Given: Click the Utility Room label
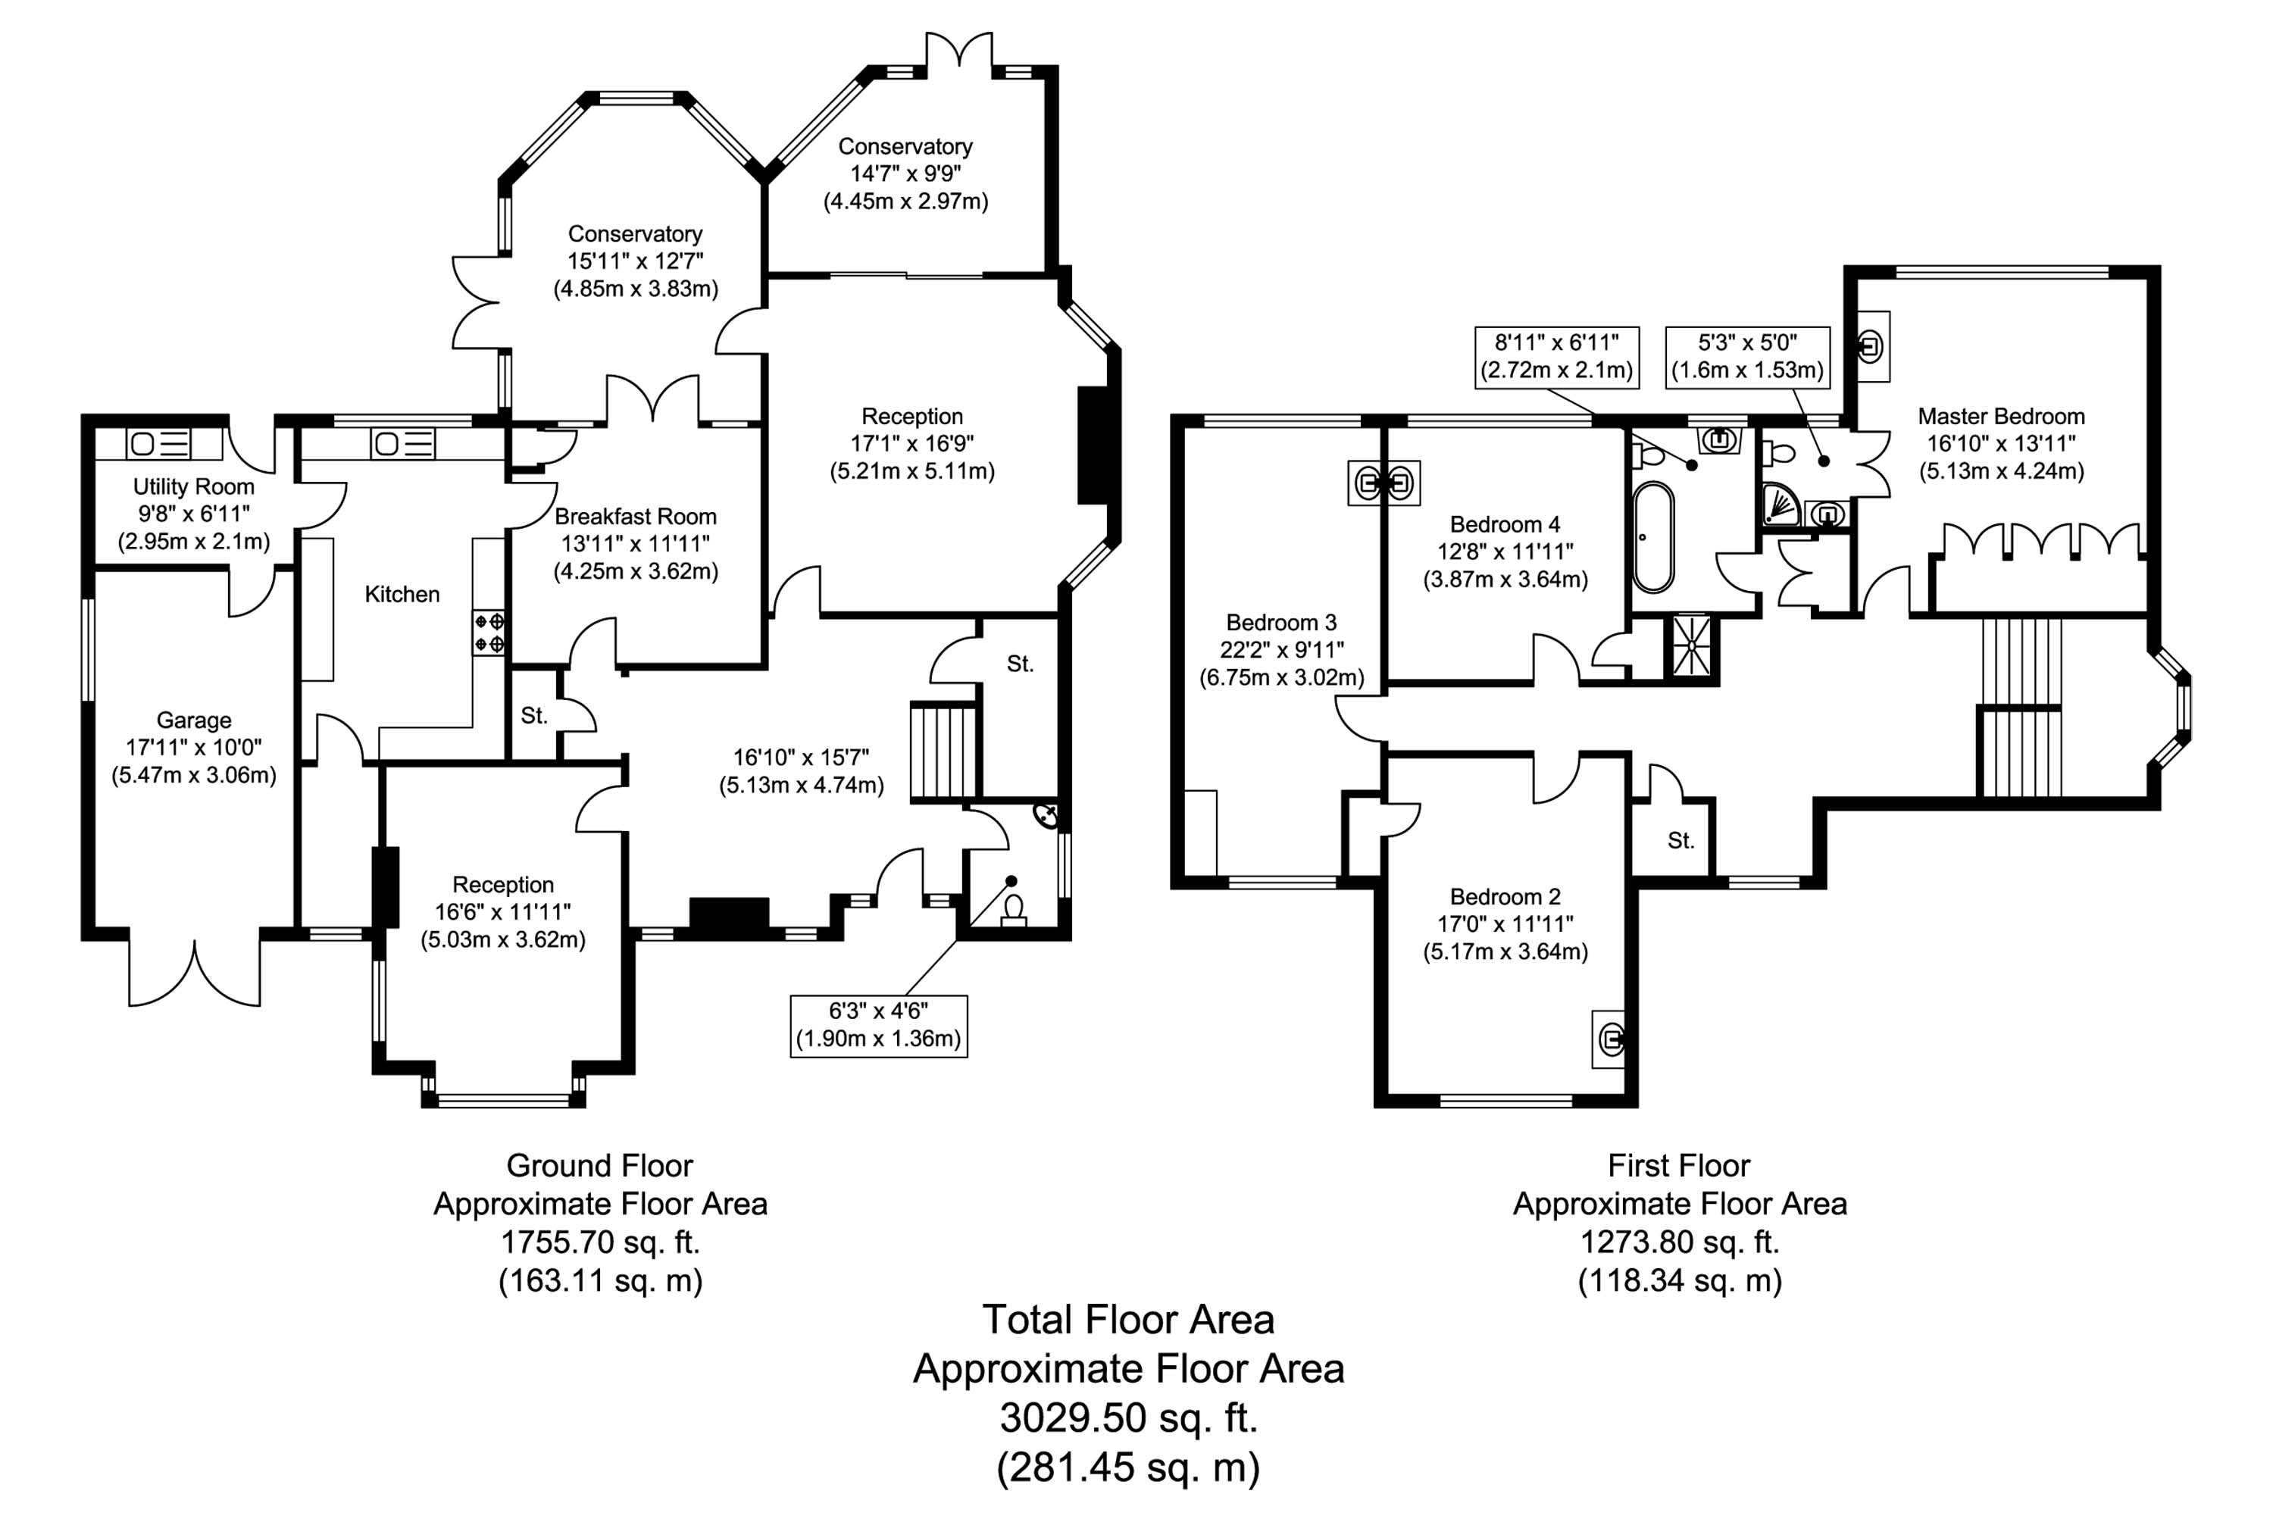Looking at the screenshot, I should point(193,486).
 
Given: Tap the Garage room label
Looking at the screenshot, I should point(193,720).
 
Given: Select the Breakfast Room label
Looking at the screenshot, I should point(635,517).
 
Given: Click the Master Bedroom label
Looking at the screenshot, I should point(2000,417).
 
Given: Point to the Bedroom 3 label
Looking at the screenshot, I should point(1281,622).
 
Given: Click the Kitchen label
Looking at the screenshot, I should point(402,594).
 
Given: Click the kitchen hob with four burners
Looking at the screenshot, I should point(488,632).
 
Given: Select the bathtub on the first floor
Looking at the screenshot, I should point(1652,537).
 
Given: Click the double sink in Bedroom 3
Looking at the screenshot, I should point(1383,483).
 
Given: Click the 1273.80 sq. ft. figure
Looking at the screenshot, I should point(1679,1242).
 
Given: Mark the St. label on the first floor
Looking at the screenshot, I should point(1680,841).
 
